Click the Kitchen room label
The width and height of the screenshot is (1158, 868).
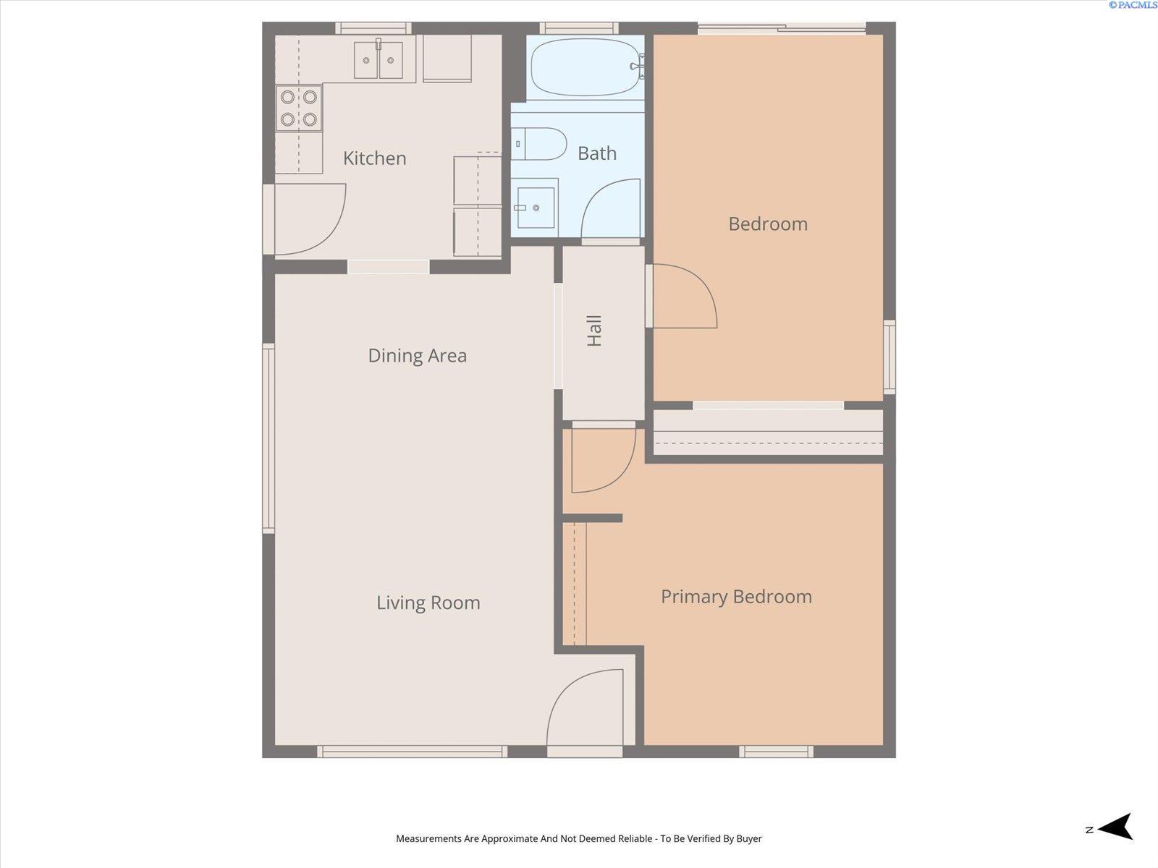click(x=375, y=158)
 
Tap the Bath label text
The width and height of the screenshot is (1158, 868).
click(x=596, y=153)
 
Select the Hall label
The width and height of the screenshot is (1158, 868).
click(x=595, y=331)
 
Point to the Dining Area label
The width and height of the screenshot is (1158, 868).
click(x=418, y=356)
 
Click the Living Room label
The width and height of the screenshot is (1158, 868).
click(x=428, y=603)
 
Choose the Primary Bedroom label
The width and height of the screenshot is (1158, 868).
click(x=737, y=597)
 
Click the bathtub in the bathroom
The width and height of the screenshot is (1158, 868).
click(x=587, y=67)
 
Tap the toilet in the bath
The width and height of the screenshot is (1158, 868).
click(x=538, y=143)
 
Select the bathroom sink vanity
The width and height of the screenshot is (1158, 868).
click(x=534, y=208)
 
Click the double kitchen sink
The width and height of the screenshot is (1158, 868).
click(x=379, y=59)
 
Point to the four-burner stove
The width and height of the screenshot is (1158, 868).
click(x=299, y=109)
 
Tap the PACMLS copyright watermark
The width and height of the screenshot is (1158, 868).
click(x=1133, y=5)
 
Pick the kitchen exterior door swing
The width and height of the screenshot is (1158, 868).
click(x=310, y=219)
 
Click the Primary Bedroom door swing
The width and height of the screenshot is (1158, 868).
click(x=604, y=461)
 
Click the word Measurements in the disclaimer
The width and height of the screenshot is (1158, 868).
click(x=429, y=838)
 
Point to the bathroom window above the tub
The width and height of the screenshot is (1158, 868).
click(x=579, y=28)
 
